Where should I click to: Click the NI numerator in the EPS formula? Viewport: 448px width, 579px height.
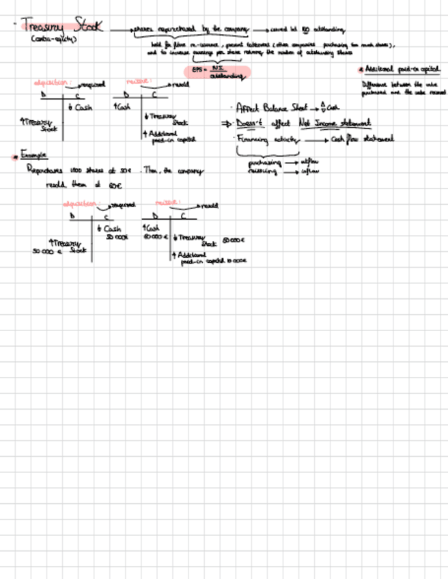218,68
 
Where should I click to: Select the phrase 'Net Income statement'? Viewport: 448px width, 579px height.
334,123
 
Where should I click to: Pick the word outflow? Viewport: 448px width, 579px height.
310,163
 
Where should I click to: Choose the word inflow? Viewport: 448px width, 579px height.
309,171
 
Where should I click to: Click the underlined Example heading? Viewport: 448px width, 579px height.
34,155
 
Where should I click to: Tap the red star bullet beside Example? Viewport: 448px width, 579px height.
14,156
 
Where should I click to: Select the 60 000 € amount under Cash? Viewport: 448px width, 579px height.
155,237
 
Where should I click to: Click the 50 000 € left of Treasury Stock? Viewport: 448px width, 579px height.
47,251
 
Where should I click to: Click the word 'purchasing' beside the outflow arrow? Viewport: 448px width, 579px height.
264,163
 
